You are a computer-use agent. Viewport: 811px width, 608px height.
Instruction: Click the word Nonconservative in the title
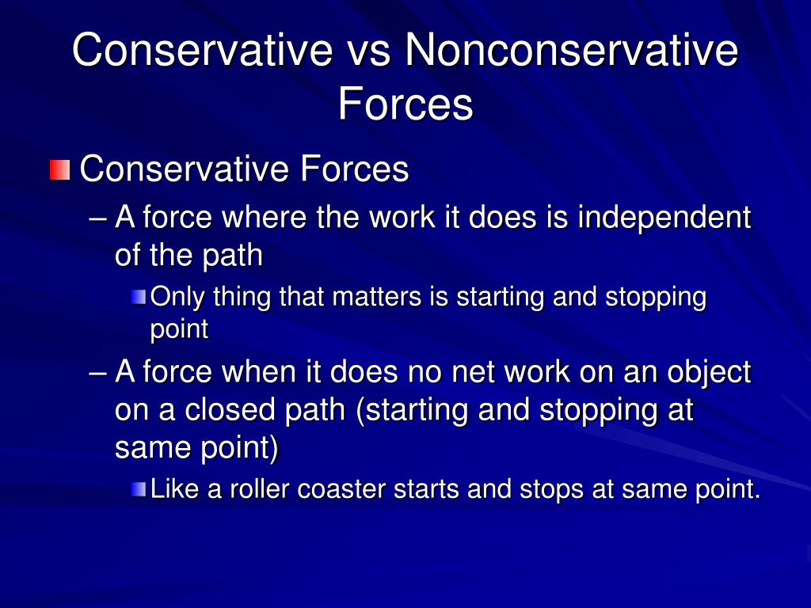coord(572,50)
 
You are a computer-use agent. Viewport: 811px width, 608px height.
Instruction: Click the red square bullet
coord(59,170)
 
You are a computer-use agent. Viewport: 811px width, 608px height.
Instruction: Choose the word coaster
coord(342,490)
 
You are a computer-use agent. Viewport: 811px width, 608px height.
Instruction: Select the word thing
coord(242,298)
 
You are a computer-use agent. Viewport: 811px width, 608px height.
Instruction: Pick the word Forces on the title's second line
coord(405,104)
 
